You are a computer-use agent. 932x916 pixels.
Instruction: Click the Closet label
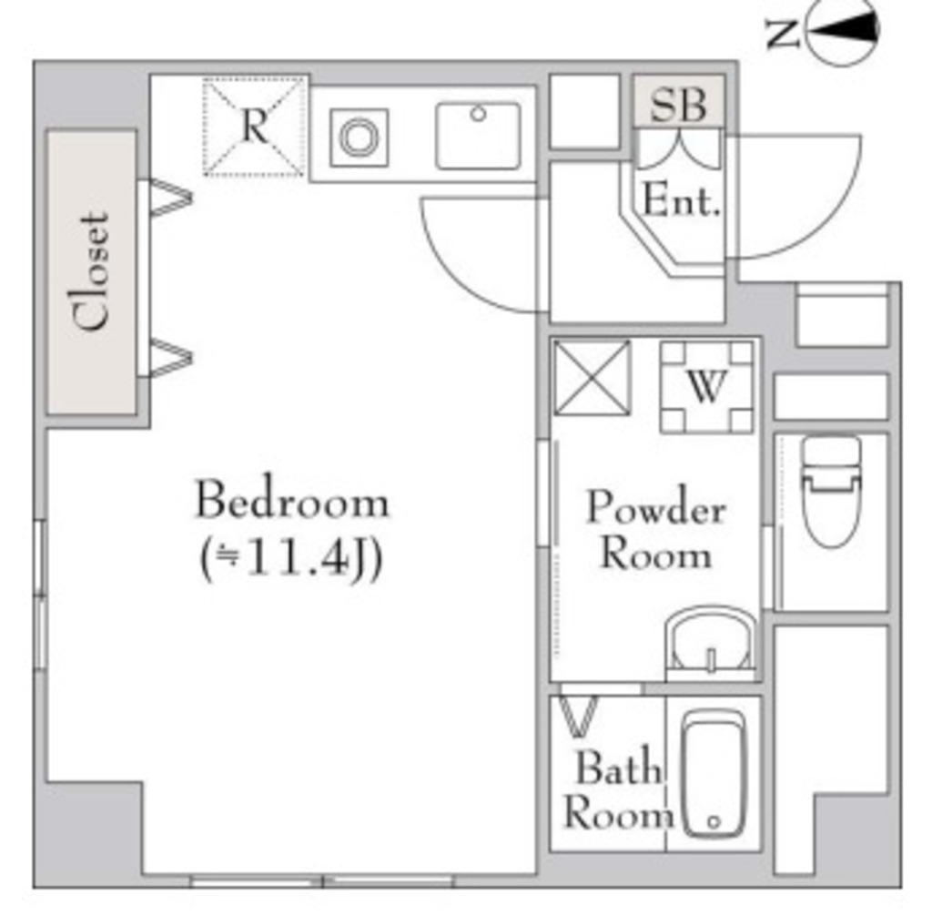92,271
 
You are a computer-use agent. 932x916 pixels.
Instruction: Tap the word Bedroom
292,501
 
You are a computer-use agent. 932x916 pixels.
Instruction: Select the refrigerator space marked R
254,127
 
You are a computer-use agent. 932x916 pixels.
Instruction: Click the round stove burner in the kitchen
359,137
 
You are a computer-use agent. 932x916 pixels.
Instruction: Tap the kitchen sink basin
478,136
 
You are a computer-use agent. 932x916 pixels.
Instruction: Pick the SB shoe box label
679,103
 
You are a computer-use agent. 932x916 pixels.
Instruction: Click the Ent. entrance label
681,201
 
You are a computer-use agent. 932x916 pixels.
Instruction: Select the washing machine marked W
706,387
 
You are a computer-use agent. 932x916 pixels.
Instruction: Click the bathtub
714,773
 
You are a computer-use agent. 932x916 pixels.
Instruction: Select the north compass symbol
844,33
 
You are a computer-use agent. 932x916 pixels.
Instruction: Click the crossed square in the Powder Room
592,378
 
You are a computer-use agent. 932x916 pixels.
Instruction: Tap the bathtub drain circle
714,821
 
